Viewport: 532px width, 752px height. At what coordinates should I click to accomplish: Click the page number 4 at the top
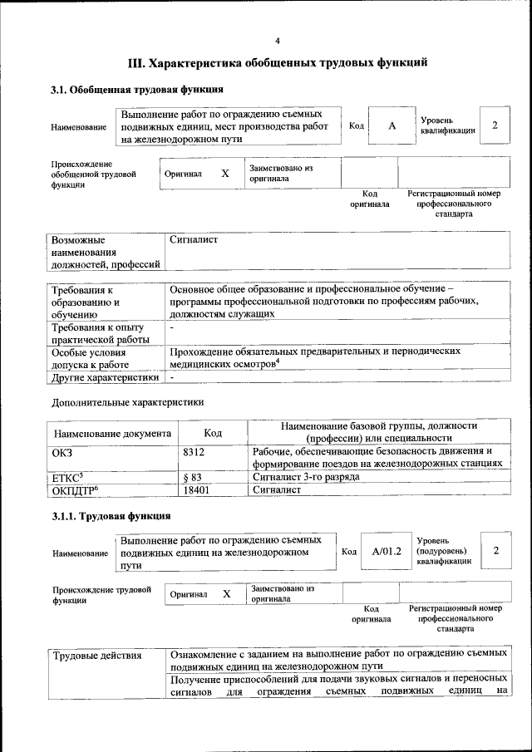pyautogui.click(x=278, y=40)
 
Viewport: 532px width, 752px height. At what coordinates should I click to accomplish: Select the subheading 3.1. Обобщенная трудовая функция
pyautogui.click(x=136, y=89)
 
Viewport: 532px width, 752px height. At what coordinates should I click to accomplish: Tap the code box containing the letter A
pyautogui.click(x=391, y=125)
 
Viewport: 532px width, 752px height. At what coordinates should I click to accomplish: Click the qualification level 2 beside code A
pyautogui.click(x=495, y=125)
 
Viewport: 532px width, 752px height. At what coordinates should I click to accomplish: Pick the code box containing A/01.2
pyautogui.click(x=387, y=551)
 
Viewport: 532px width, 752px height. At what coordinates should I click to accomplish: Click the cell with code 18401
pyautogui.click(x=196, y=490)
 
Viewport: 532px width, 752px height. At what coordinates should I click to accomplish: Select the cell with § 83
pyautogui.click(x=192, y=478)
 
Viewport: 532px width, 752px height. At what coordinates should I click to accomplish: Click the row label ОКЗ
pyautogui.click(x=63, y=452)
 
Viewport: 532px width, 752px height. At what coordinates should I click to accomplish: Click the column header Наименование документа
pyautogui.click(x=112, y=433)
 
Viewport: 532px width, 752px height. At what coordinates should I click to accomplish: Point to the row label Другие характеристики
pyautogui.click(x=106, y=377)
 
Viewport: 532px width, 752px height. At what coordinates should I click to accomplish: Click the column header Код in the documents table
pyautogui.click(x=213, y=433)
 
